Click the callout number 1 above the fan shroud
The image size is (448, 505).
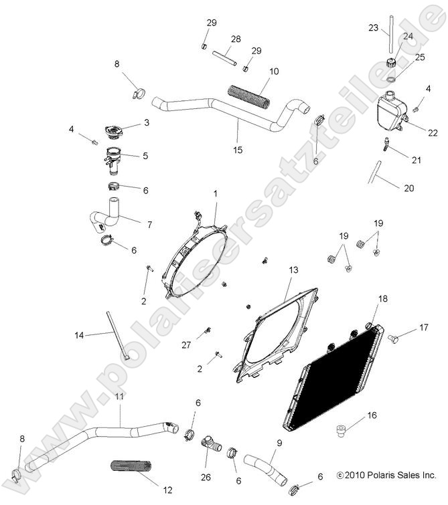click(216, 194)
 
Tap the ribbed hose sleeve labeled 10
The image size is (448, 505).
click(250, 95)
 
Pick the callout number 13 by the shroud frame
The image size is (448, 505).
click(293, 270)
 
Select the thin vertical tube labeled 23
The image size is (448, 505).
click(388, 41)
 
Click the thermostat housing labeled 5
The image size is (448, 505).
click(112, 161)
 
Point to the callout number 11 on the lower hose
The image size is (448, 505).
click(120, 416)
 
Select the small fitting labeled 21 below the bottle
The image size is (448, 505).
click(387, 143)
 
